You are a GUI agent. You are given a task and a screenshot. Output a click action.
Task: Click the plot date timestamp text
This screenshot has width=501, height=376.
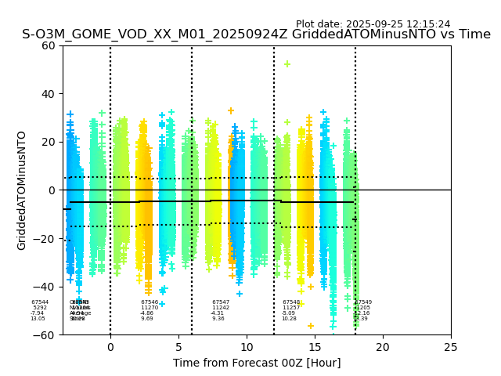(373, 24)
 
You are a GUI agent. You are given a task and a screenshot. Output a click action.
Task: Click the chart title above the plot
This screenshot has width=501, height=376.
(256, 34)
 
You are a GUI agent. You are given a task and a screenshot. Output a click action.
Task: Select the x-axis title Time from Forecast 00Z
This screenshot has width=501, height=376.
(257, 363)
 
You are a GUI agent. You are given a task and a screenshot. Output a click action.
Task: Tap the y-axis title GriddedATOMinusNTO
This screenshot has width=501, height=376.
(22, 190)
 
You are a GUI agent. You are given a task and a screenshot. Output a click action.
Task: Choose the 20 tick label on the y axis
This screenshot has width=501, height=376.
(48, 142)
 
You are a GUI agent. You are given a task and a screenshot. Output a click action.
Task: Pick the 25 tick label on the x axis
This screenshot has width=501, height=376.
(451, 347)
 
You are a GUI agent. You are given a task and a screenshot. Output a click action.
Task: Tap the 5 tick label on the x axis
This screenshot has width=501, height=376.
(178, 347)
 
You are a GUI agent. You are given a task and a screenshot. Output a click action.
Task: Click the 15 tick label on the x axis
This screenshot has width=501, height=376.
(315, 347)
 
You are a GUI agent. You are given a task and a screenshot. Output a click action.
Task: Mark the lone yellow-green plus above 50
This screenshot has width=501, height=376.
(287, 64)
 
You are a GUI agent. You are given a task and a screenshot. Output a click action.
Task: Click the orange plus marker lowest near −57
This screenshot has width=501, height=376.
(310, 326)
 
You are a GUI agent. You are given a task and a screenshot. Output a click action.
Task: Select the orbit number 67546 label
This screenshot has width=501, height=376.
(150, 302)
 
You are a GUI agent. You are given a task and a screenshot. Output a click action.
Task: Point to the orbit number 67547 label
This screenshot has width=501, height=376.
(221, 302)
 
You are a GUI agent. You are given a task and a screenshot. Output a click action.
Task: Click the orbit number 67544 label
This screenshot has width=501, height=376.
(40, 302)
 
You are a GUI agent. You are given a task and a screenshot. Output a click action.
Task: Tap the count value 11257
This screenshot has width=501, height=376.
(291, 308)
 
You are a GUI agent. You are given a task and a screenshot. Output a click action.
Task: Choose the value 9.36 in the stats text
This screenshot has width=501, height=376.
(218, 319)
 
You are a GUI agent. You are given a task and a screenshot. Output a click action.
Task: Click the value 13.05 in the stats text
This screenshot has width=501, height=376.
(38, 319)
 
